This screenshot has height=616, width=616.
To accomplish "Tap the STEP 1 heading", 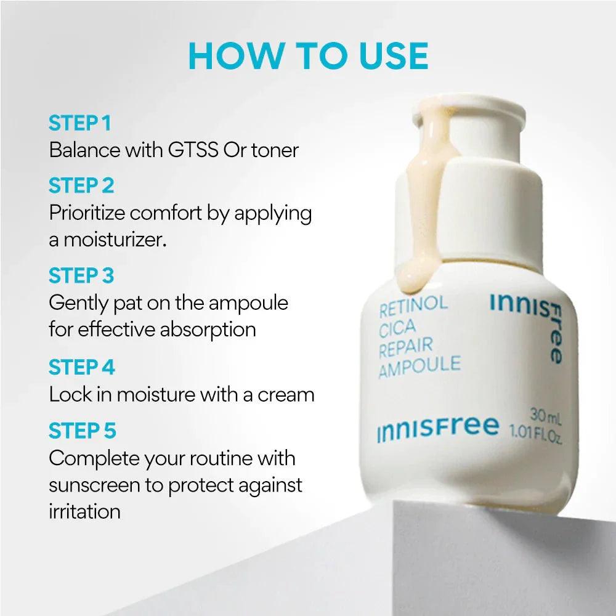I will click(x=80, y=123).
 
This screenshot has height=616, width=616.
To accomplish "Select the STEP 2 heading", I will click(x=81, y=185).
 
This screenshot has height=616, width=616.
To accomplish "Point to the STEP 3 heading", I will click(x=81, y=275).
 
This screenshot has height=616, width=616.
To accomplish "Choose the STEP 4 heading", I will click(x=82, y=367).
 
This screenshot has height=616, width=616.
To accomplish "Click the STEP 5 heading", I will click(x=83, y=431).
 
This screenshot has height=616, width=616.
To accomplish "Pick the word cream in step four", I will click(x=286, y=395).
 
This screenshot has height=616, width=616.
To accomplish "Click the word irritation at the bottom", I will click(x=84, y=512).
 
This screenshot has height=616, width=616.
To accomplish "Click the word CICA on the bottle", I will click(x=397, y=328).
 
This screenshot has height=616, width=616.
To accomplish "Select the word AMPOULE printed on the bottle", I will click(x=419, y=367).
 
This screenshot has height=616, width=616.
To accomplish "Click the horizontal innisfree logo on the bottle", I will click(x=437, y=428).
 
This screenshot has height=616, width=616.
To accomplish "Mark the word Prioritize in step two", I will click(x=87, y=213).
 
